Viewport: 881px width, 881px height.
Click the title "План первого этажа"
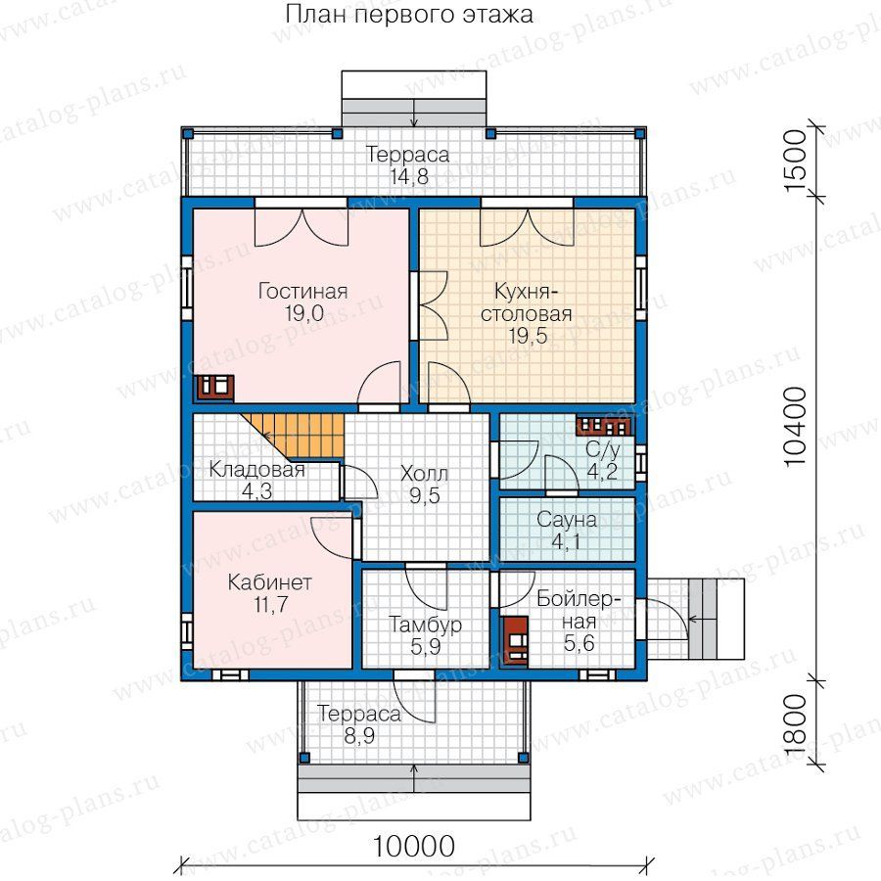(409, 15)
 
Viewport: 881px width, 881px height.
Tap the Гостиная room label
(302, 291)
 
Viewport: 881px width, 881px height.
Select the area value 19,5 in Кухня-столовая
(528, 336)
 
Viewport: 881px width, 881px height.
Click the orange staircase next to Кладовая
(293, 436)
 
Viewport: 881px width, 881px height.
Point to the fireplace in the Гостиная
(214, 387)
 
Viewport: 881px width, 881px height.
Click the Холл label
(424, 474)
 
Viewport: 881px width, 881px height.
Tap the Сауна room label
(567, 519)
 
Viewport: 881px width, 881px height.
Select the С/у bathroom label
(603, 449)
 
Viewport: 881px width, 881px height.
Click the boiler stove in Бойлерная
(515, 641)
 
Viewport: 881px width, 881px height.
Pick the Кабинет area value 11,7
(271, 605)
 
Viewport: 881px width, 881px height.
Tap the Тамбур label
(426, 625)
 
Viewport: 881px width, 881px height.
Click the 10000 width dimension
(413, 846)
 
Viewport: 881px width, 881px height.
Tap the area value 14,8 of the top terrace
(409, 176)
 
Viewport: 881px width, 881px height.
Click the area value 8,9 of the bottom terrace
(359, 735)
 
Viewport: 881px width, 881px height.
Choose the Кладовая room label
(256, 469)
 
